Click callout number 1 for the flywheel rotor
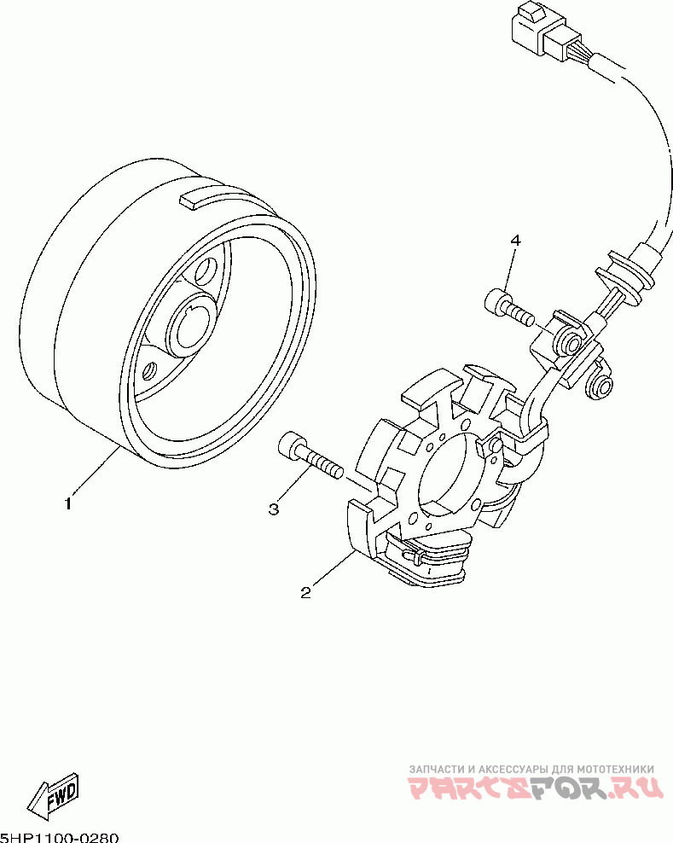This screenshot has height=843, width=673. pyautogui.click(x=68, y=503)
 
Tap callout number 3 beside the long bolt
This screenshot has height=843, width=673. pyautogui.click(x=274, y=509)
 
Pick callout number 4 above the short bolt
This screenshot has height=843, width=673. pyautogui.click(x=515, y=241)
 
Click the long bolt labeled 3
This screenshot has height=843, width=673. pyautogui.click(x=309, y=457)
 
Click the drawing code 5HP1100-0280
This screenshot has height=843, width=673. pyautogui.click(x=60, y=837)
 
